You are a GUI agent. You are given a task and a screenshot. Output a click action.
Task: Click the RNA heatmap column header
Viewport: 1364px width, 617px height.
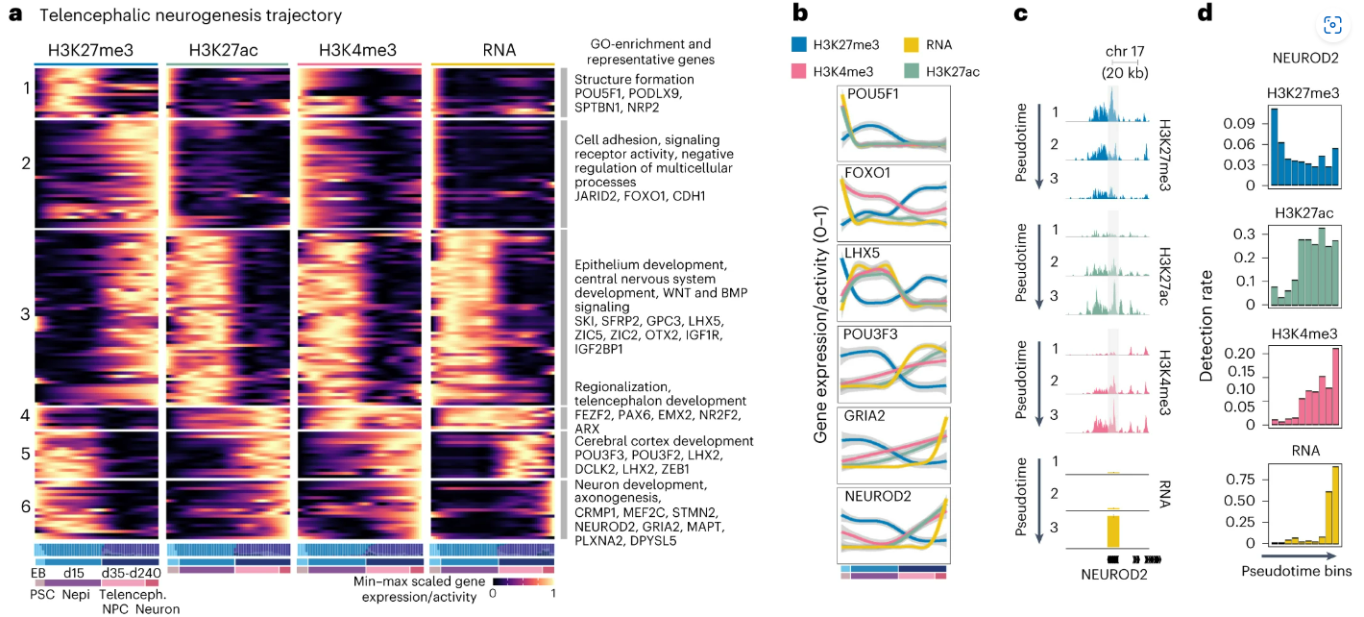point(493,50)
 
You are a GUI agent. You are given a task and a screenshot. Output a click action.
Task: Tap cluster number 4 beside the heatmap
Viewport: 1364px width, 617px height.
point(26,416)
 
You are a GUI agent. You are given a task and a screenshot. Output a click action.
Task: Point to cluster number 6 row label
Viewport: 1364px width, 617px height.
point(26,506)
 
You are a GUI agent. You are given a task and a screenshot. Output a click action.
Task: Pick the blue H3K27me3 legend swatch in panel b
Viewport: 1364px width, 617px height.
point(797,44)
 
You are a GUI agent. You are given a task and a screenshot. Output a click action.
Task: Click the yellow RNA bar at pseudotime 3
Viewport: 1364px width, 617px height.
point(1113,530)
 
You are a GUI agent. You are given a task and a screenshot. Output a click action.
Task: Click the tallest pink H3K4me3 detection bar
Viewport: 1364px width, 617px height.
point(1335,387)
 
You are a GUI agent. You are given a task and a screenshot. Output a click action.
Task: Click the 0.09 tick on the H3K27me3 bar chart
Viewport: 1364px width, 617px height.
point(1247,124)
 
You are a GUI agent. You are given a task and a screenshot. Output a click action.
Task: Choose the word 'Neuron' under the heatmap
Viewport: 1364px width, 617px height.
point(158,607)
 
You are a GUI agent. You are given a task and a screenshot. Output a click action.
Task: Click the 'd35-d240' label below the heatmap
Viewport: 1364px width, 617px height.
point(133,574)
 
